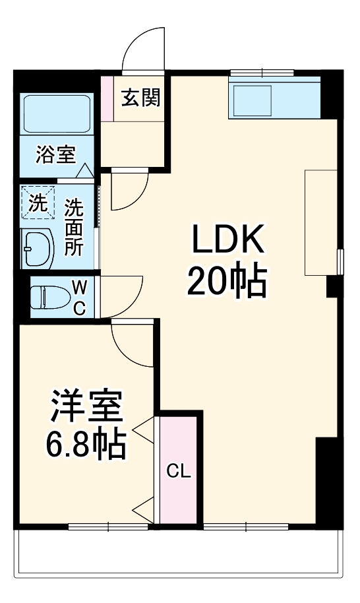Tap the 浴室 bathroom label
(x=56, y=155)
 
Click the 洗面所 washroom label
(x=74, y=227)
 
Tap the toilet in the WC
(x=49, y=296)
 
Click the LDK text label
(x=227, y=241)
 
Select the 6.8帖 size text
(x=86, y=446)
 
